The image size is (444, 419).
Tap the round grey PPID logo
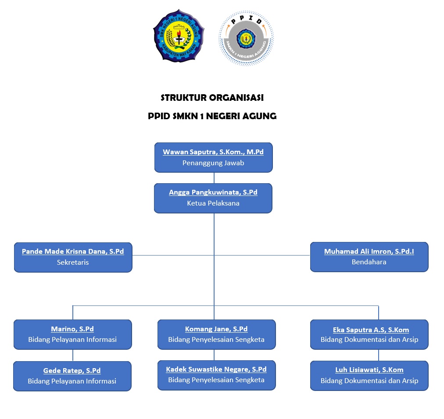click(x=246, y=38)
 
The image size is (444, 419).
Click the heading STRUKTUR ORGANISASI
click(x=212, y=98)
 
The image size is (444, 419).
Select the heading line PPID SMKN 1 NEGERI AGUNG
click(x=212, y=116)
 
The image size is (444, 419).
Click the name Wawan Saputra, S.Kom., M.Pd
click(x=213, y=152)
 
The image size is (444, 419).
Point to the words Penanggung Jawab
click(x=213, y=163)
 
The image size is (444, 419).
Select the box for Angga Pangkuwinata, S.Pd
click(x=213, y=198)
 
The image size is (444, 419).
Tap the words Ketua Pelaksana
click(x=213, y=203)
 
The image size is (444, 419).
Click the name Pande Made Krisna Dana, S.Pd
click(x=73, y=252)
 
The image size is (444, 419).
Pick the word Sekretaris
click(x=73, y=262)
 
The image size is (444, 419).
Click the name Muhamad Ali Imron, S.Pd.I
click(x=369, y=252)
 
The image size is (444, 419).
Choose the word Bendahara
click(x=369, y=262)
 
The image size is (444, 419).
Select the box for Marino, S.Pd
click(x=73, y=334)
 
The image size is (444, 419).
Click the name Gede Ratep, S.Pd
click(x=72, y=371)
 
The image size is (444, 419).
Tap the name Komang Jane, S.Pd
click(x=216, y=329)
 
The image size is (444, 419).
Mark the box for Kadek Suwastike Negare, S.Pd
click(x=216, y=375)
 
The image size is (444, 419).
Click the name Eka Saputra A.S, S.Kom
click(x=371, y=330)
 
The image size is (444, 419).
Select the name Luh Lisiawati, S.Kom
click(x=369, y=370)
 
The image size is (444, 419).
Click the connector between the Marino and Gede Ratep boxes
click(x=73, y=355)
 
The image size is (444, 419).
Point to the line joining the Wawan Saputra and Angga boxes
click(x=214, y=178)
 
